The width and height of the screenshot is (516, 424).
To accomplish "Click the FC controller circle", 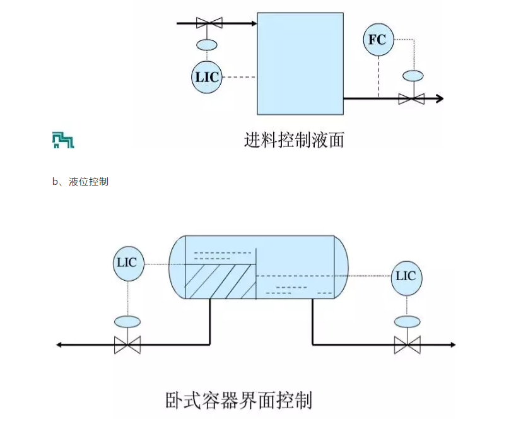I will [x=377, y=40].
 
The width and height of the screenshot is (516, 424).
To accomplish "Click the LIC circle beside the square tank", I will [x=207, y=77].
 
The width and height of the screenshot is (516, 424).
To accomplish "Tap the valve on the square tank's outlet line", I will [x=411, y=98].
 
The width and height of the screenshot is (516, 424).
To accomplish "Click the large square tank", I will [x=300, y=63].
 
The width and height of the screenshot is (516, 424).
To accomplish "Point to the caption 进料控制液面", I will [x=294, y=139].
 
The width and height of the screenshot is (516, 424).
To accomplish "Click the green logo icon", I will [x=62, y=141].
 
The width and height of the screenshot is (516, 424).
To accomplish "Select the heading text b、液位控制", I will [x=80, y=182].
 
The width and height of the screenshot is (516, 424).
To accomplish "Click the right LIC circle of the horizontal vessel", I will [x=406, y=277].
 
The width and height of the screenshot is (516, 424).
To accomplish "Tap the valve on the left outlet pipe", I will [x=127, y=344].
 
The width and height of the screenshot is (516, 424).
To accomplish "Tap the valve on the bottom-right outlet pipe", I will [x=407, y=344].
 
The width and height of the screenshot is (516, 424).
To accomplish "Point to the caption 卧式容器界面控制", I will [x=239, y=399].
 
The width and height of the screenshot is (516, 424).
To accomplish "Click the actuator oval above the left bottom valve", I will [x=127, y=321].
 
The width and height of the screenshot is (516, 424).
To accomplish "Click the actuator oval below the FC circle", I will [x=413, y=76].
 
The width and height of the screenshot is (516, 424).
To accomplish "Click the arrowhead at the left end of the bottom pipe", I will [x=58, y=344].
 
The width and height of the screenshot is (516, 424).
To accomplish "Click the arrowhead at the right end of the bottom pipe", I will [x=452, y=344].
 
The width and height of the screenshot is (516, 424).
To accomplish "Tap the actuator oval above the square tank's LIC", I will [x=208, y=45].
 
